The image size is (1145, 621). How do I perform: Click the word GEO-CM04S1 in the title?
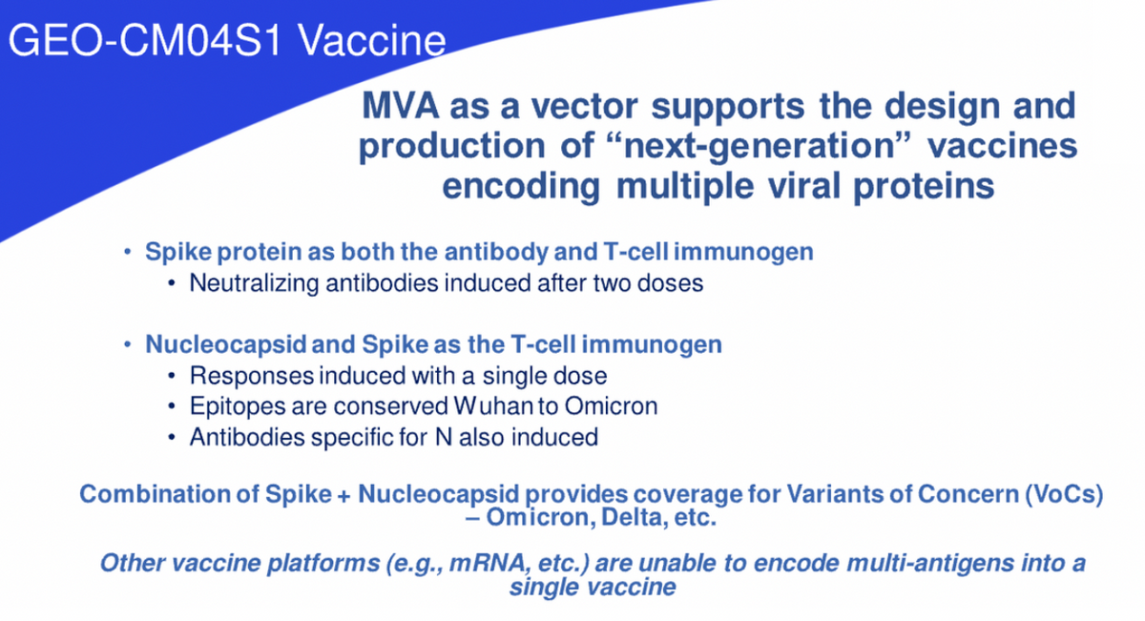pos(145,40)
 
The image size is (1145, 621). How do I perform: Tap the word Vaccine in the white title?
pos(372,40)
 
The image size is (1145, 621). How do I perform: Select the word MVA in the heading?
pos(400,106)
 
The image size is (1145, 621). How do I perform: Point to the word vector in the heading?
pos(584,106)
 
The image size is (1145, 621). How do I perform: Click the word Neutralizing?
pos(254,283)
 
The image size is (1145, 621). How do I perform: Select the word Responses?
pos(252,376)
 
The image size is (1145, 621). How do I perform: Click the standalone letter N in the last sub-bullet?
pos(443,438)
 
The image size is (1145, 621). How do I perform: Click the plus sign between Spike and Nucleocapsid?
pos(344,495)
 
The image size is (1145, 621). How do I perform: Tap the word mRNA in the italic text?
pos(488,563)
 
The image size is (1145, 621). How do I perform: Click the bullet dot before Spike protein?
pos(127,252)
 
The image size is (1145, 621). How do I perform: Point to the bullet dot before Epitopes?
pos(172,406)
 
